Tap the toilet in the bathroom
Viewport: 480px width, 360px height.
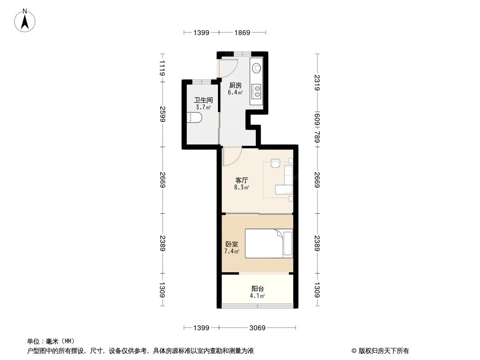pyautogui.click(x=195, y=118)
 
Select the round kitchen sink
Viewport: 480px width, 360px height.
pyautogui.click(x=256, y=68)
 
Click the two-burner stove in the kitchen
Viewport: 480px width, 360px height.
pyautogui.click(x=257, y=91)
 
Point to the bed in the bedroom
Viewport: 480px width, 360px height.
pyautogui.click(x=268, y=243)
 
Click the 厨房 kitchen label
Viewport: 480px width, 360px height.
pyautogui.click(x=235, y=85)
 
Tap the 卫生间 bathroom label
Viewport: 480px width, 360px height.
pyautogui.click(x=203, y=100)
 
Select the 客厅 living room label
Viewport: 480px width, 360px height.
pyautogui.click(x=241, y=180)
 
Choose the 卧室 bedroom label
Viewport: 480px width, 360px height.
pyautogui.click(x=231, y=244)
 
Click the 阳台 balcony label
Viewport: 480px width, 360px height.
pyautogui.click(x=257, y=289)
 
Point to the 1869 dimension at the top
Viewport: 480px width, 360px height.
pyautogui.click(x=242, y=32)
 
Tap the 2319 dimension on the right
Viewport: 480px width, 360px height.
pyautogui.click(x=317, y=82)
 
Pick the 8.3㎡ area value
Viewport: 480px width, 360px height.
pyautogui.click(x=241, y=187)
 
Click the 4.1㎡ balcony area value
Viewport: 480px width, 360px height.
pyautogui.click(x=257, y=296)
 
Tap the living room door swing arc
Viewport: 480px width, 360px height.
pyautogui.click(x=233, y=156)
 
